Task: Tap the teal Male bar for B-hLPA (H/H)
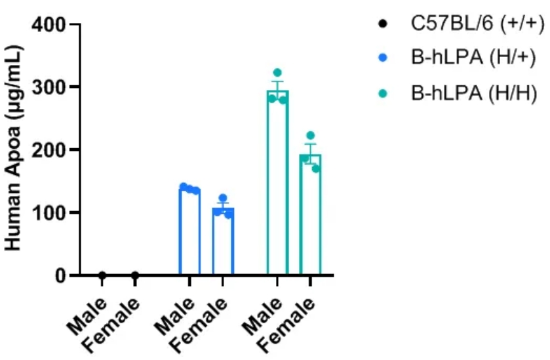(x=277, y=184)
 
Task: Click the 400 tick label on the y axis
(x=50, y=26)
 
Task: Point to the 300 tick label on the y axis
(x=50, y=87)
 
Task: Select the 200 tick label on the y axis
(x=50, y=150)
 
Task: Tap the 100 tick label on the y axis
(x=50, y=213)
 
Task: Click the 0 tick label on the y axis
(x=60, y=275)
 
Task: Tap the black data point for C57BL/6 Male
(x=102, y=275)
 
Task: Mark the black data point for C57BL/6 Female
(x=135, y=275)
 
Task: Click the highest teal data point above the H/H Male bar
(x=277, y=73)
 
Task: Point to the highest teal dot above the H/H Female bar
(x=310, y=136)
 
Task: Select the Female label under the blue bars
(x=203, y=321)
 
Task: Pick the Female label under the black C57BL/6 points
(x=115, y=321)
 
